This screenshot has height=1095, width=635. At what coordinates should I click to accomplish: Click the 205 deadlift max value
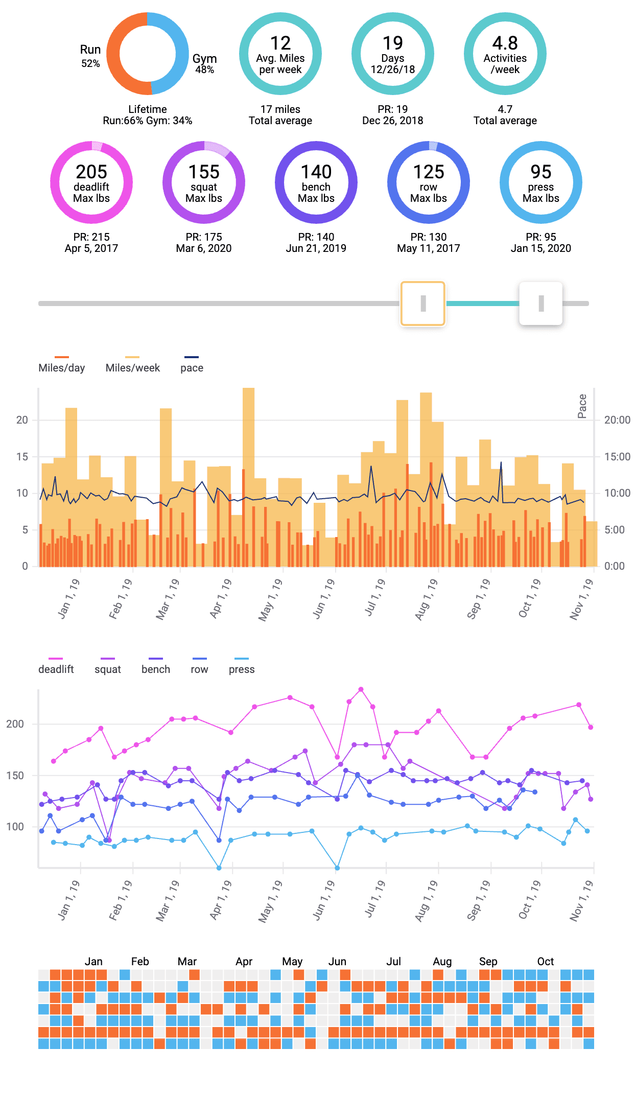tap(91, 172)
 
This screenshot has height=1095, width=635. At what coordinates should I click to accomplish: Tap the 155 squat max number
tap(204, 172)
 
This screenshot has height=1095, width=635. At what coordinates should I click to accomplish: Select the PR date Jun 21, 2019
tap(316, 248)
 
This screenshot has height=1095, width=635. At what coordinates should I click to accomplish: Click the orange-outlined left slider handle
tap(423, 304)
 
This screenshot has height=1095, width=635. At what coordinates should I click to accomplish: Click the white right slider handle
tap(541, 304)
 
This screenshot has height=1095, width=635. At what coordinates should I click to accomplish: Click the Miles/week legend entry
tap(132, 367)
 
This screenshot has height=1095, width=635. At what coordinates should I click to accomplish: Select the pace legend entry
tap(192, 367)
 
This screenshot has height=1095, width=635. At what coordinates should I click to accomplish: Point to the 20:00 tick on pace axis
tap(617, 420)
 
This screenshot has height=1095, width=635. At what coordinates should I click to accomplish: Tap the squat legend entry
tap(108, 669)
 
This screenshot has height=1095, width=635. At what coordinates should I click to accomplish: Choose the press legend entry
tap(242, 669)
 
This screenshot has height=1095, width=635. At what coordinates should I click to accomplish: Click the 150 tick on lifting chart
tap(15, 776)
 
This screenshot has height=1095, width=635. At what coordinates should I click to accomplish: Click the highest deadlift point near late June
tap(361, 689)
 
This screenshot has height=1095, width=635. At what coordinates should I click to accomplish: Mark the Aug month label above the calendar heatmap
tap(442, 962)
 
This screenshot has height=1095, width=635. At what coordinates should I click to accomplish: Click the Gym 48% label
tap(204, 63)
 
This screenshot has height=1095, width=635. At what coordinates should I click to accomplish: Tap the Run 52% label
tap(90, 56)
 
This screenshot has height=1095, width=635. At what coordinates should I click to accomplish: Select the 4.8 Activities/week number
tap(505, 43)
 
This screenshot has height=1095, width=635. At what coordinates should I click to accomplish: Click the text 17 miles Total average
tap(280, 115)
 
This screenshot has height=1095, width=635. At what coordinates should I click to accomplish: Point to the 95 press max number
tap(541, 172)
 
